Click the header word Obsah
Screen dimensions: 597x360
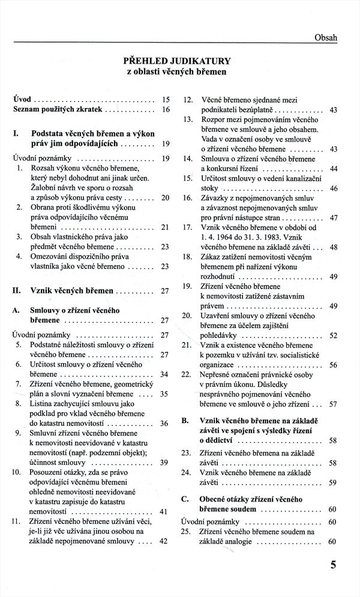coord(326,38)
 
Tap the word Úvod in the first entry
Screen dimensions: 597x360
coord(23,98)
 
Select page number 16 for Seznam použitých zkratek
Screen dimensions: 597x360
coord(166,110)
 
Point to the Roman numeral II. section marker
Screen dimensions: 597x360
coord(17,290)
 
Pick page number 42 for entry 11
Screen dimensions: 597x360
coord(166,541)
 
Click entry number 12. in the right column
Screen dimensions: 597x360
coord(187,99)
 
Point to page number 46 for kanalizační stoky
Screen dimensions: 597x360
coord(334,188)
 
